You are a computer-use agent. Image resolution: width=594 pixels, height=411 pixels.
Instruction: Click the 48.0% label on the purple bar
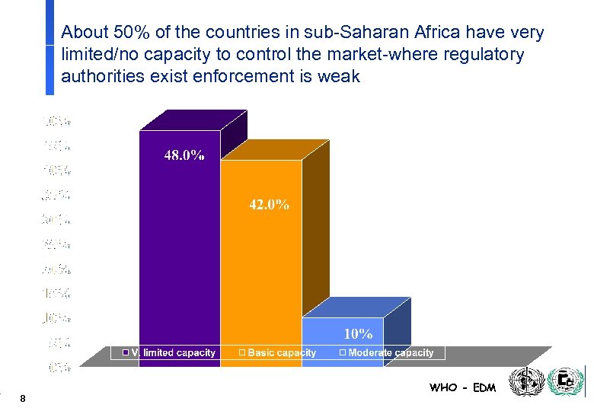click(x=184, y=155)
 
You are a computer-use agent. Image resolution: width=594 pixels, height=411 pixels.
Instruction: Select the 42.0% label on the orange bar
click(x=269, y=205)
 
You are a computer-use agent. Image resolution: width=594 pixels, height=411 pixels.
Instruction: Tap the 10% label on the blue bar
click(x=358, y=333)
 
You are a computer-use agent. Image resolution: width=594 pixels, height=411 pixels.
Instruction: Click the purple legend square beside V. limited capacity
click(x=126, y=352)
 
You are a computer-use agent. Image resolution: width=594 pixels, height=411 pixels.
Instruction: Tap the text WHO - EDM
click(x=462, y=387)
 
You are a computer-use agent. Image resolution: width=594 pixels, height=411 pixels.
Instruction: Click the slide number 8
click(x=24, y=398)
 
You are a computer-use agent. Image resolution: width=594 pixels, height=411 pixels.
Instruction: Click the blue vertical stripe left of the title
click(x=49, y=47)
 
